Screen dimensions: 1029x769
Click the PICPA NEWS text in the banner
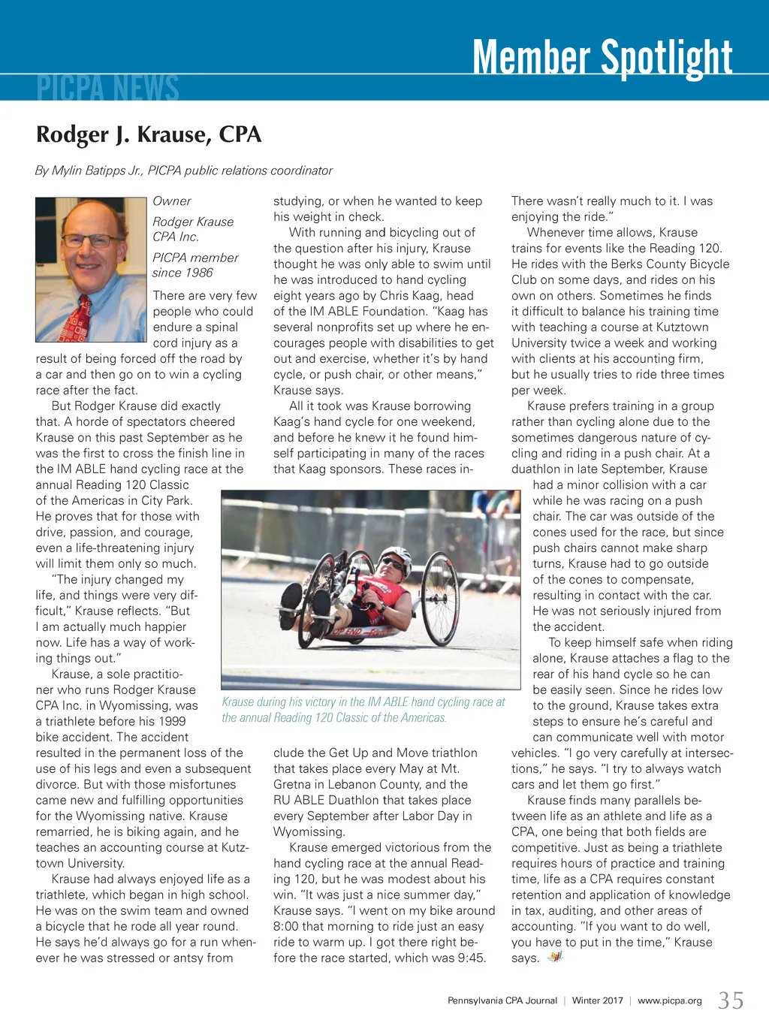click(x=107, y=88)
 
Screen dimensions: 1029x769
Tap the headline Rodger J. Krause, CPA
click(x=149, y=134)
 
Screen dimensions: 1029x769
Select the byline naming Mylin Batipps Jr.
click(x=183, y=170)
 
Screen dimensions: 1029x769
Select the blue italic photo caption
click(x=363, y=710)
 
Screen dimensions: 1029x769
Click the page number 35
click(x=731, y=1000)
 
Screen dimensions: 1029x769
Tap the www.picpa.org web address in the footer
click(x=669, y=1000)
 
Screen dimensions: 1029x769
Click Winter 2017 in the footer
click(x=597, y=1000)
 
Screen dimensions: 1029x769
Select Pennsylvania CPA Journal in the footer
click(x=502, y=1000)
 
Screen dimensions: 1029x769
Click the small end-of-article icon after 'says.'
click(x=555, y=957)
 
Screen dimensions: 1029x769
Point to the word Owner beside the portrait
click(x=172, y=201)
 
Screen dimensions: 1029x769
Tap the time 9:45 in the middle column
click(x=471, y=958)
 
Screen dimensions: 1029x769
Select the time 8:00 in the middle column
click(x=288, y=926)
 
